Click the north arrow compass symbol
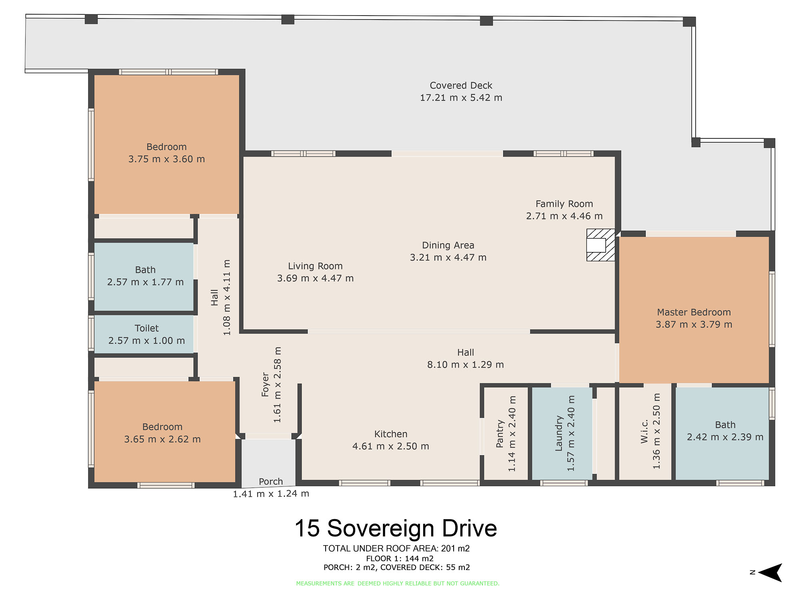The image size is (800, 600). (x=770, y=572)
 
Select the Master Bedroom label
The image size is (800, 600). (x=694, y=312)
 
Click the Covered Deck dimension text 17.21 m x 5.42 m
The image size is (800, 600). (x=461, y=98)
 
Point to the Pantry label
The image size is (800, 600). (x=500, y=434)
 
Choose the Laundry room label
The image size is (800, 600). (x=559, y=434)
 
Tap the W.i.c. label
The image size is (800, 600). (x=644, y=432)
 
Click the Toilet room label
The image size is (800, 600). (x=146, y=328)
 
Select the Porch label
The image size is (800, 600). (x=271, y=482)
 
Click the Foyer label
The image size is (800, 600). (x=265, y=384)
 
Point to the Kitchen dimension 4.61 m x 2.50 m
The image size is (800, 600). (x=391, y=446)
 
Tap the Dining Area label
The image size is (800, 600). (x=448, y=245)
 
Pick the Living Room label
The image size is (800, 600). (x=315, y=266)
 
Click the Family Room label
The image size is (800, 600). (x=564, y=204)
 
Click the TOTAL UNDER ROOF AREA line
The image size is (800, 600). (x=396, y=548)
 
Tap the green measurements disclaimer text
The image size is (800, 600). (x=398, y=584)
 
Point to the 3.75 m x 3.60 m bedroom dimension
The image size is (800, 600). (x=166, y=159)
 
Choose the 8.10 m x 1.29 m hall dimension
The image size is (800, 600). (x=466, y=365)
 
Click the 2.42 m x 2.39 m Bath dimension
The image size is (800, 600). (x=725, y=437)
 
